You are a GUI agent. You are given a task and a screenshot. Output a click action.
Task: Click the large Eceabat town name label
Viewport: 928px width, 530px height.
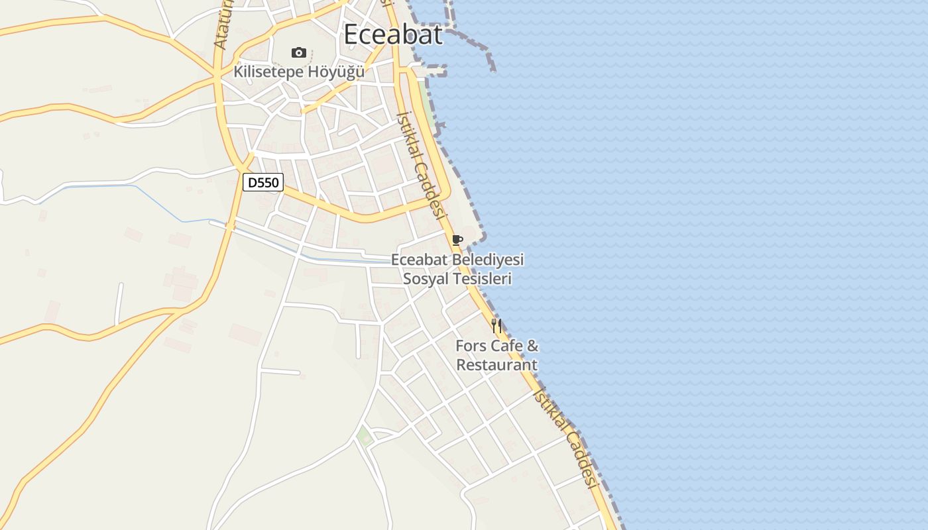click(392, 34)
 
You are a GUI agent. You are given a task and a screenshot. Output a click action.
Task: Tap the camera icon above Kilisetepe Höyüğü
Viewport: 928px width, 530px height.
click(299, 52)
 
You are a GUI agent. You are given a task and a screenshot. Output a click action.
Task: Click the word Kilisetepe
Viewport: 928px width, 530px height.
click(267, 72)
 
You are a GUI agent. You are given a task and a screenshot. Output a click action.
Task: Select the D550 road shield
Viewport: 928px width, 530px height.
click(263, 182)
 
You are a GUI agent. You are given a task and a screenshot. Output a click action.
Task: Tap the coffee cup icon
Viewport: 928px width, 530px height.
click(457, 240)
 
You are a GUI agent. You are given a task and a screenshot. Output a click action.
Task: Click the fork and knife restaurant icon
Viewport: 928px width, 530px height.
click(496, 326)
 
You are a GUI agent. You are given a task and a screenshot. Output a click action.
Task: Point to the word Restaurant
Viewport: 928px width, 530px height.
click(496, 365)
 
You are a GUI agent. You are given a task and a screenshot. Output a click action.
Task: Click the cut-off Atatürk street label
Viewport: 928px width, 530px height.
click(222, 25)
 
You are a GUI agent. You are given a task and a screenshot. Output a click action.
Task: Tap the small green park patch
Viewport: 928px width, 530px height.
click(364, 436)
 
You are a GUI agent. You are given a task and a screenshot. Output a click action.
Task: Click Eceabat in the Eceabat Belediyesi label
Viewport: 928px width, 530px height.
click(420, 260)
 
